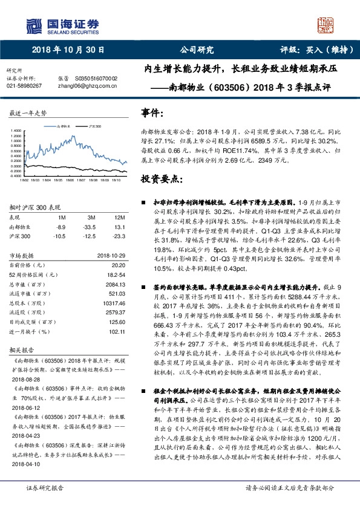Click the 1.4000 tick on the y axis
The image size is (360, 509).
pyautogui.click(x=16, y=131)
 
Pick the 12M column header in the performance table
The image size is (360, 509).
pyautogui.click(x=119, y=217)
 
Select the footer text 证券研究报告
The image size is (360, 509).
pyautogui.click(x=45, y=487)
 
